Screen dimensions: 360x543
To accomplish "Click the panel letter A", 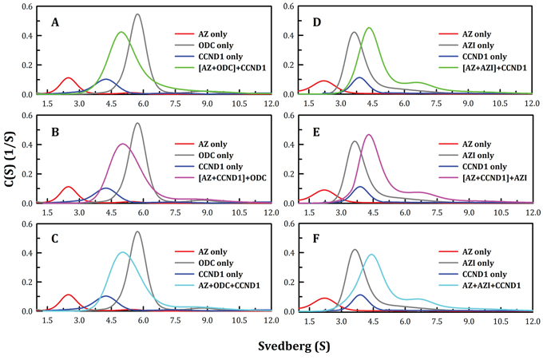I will coord(54,22).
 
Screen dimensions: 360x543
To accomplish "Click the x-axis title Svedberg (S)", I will coord(282,347).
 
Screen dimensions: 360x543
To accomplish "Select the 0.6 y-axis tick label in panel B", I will coord(26,117).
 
